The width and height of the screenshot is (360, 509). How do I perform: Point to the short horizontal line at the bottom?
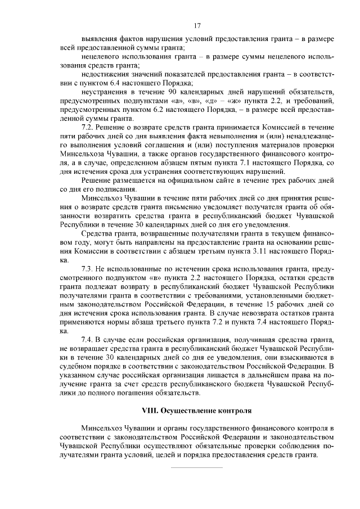click(x=196, y=467)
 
